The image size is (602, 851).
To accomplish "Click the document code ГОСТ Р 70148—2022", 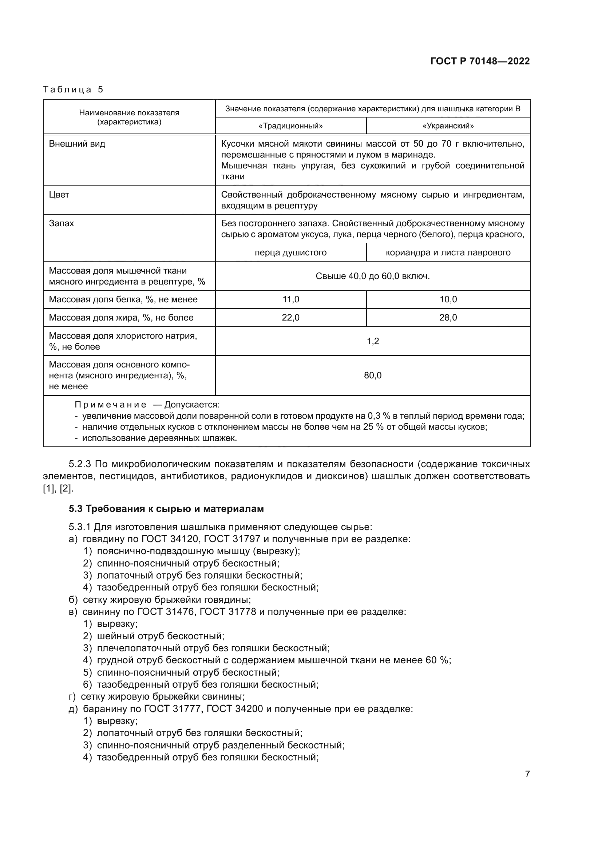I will [x=480, y=61].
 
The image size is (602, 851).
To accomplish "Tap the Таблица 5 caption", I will [x=73, y=90].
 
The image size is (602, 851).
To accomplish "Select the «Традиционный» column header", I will [x=290, y=126].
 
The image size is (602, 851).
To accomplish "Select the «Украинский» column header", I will [x=448, y=126].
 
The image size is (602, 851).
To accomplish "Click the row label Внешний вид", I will [x=77, y=144].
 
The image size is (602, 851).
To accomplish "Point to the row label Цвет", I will [x=59, y=195].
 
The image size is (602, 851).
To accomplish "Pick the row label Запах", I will [x=61, y=223].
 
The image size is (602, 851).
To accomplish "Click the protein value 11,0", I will [x=290, y=299].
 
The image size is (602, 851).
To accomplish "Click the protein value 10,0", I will [x=448, y=299].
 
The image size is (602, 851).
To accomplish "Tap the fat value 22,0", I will [x=290, y=318].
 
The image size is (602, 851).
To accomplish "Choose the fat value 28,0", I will [x=448, y=318].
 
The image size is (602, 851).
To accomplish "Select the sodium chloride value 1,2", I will [x=373, y=341].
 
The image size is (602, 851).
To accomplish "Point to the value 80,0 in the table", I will [x=373, y=375].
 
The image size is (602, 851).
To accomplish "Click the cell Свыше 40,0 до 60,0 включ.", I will [x=373, y=276].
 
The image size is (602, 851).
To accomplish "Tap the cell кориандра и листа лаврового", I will [x=448, y=253].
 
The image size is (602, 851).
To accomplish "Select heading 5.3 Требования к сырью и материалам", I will [x=166, y=509].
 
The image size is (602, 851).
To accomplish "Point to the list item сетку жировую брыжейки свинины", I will [x=162, y=697].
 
